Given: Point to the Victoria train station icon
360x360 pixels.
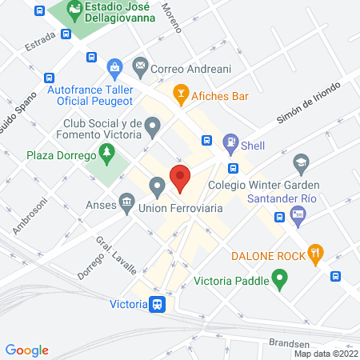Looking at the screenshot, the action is coord(158,304).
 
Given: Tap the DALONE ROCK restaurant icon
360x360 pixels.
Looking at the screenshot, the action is coord(317,255).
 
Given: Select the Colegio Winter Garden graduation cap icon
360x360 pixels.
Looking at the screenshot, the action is coord(301,162).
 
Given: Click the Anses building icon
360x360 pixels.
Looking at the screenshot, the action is coord(126,200).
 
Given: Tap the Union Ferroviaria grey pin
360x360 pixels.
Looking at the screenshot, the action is coord(158,187).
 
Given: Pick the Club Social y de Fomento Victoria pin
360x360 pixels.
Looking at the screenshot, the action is coord(154,125).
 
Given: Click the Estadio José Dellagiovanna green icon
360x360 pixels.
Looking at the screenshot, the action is coord(74,10).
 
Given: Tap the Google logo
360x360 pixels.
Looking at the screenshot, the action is coord(27,350).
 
